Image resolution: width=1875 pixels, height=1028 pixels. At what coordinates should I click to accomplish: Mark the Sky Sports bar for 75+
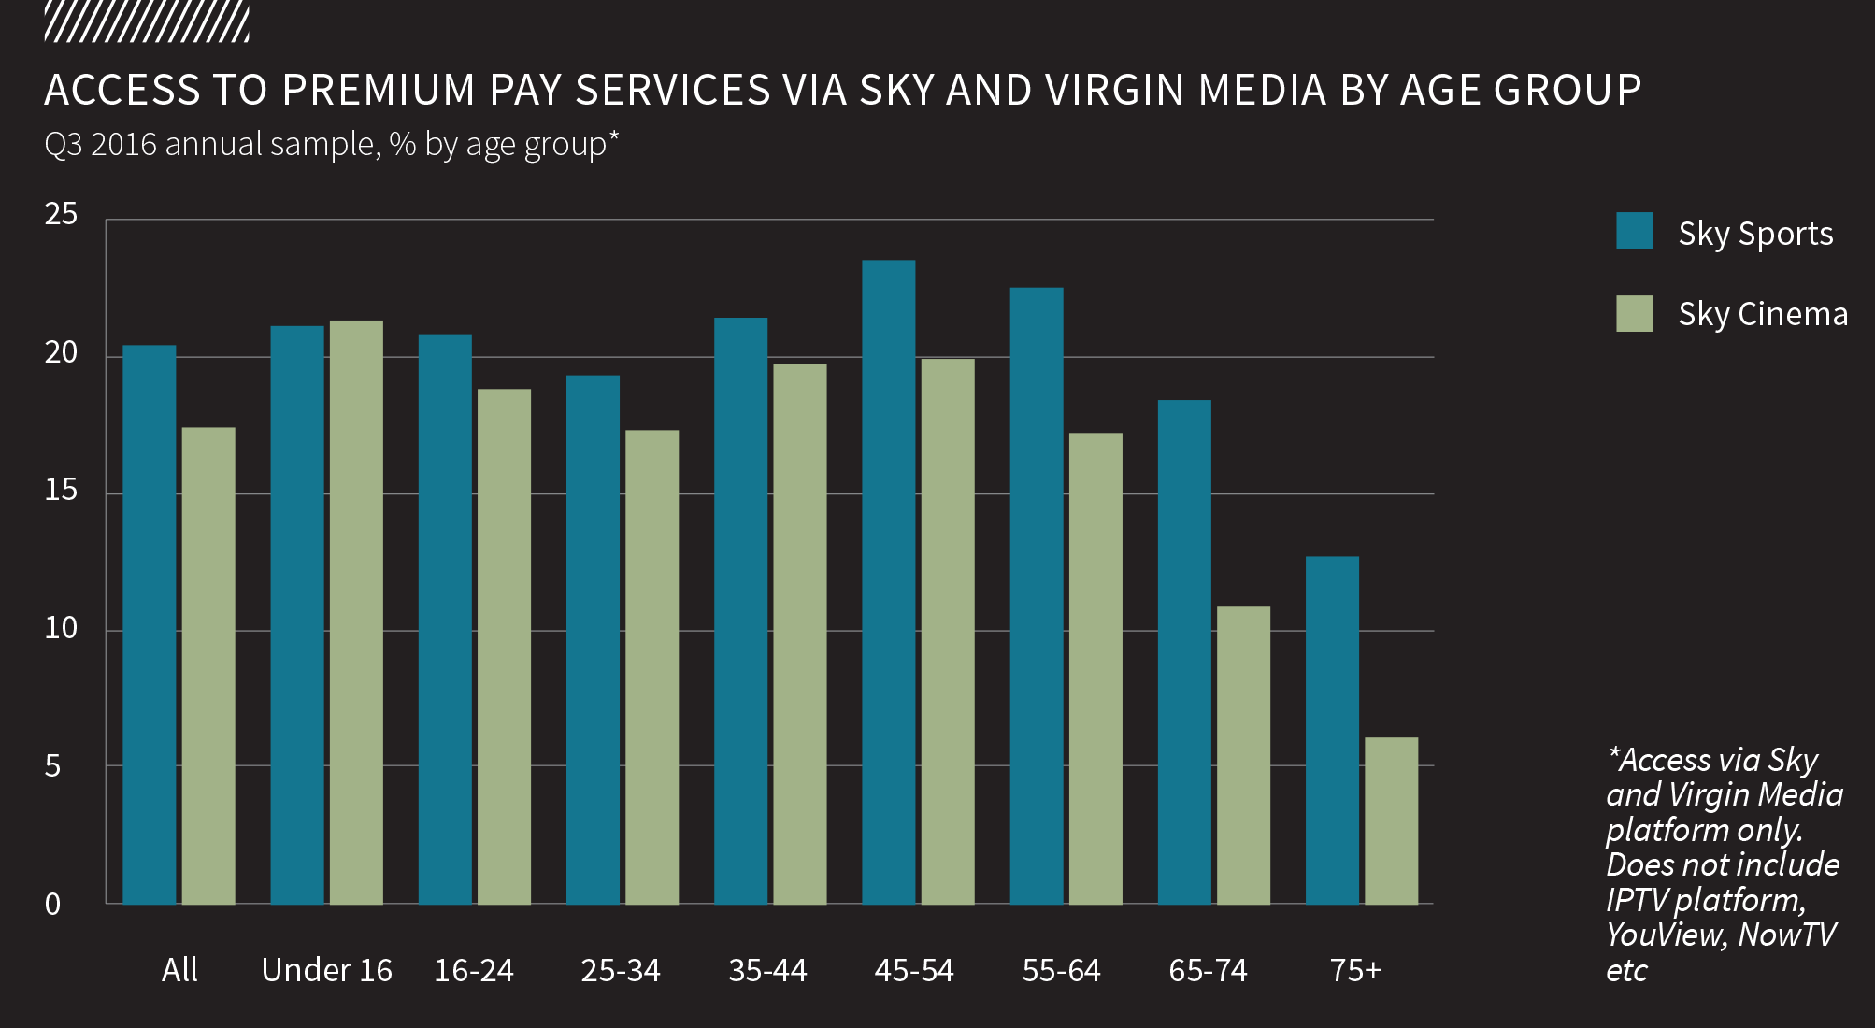click(1332, 730)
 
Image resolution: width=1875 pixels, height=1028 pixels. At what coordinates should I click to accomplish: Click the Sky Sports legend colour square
click(1634, 231)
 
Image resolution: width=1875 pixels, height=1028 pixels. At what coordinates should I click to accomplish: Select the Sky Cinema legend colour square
click(1634, 313)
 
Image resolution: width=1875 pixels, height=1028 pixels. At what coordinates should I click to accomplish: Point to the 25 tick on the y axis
click(62, 215)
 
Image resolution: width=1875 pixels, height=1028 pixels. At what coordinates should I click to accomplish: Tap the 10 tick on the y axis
click(62, 628)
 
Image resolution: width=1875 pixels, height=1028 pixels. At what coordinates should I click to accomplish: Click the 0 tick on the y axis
click(53, 904)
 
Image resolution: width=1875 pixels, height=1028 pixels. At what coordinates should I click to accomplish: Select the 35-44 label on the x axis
click(767, 971)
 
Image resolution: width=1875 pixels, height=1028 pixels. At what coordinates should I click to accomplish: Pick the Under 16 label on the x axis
click(326, 970)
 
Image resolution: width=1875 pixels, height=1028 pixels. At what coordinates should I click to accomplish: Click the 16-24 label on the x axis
click(474, 971)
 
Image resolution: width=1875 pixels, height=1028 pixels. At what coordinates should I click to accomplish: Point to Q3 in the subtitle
click(63, 145)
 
